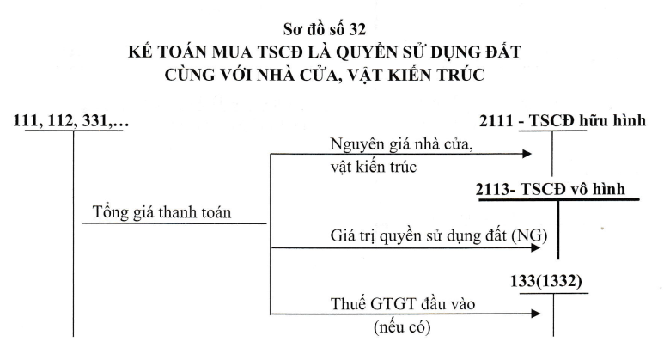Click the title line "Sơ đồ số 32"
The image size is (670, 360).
325,29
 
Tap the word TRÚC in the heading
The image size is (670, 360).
460,75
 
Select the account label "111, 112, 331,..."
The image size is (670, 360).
71,120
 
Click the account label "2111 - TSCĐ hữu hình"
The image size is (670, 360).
563,120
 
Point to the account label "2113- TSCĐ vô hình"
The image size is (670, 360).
551,189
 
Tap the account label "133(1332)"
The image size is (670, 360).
546,281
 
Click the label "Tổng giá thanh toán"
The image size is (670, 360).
161,212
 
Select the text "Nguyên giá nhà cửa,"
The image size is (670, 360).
402,144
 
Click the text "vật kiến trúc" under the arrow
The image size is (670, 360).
374,167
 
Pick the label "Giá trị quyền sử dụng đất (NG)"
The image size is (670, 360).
439,235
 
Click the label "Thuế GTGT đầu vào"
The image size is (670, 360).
403,303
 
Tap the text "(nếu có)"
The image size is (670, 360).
402,327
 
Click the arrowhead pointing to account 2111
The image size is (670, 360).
527,154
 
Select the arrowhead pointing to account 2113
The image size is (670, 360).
536,247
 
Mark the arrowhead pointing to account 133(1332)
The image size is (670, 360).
536,314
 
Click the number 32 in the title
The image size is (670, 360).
357,29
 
